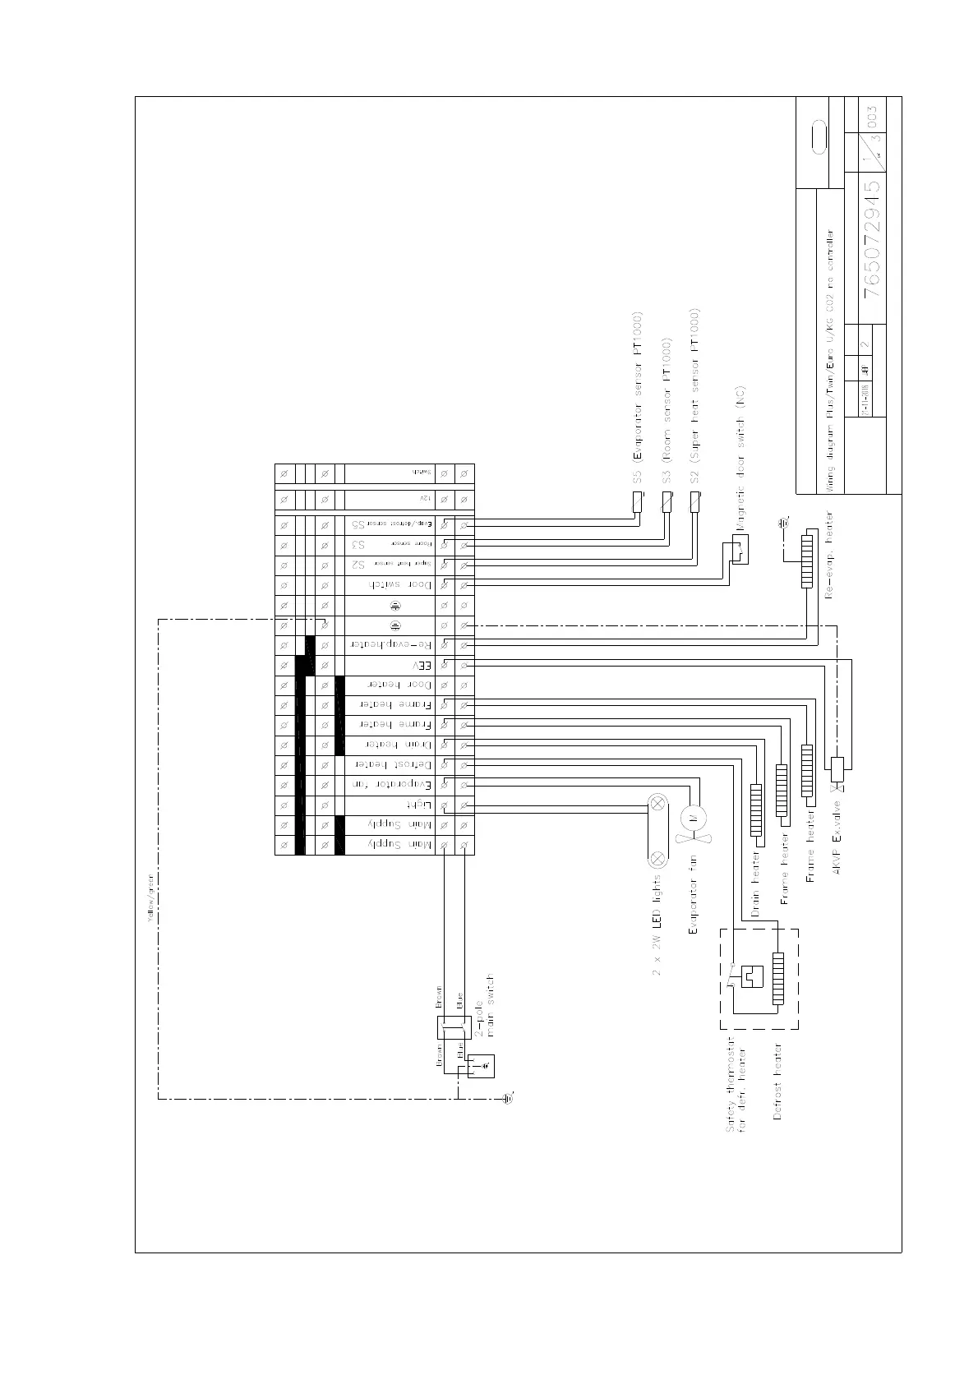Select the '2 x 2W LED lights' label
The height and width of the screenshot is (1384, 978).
pos(657,925)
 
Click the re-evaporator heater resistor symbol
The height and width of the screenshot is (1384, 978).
pos(808,562)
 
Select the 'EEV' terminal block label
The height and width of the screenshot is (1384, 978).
pos(421,665)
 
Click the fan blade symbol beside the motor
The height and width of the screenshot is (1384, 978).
pos(695,838)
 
